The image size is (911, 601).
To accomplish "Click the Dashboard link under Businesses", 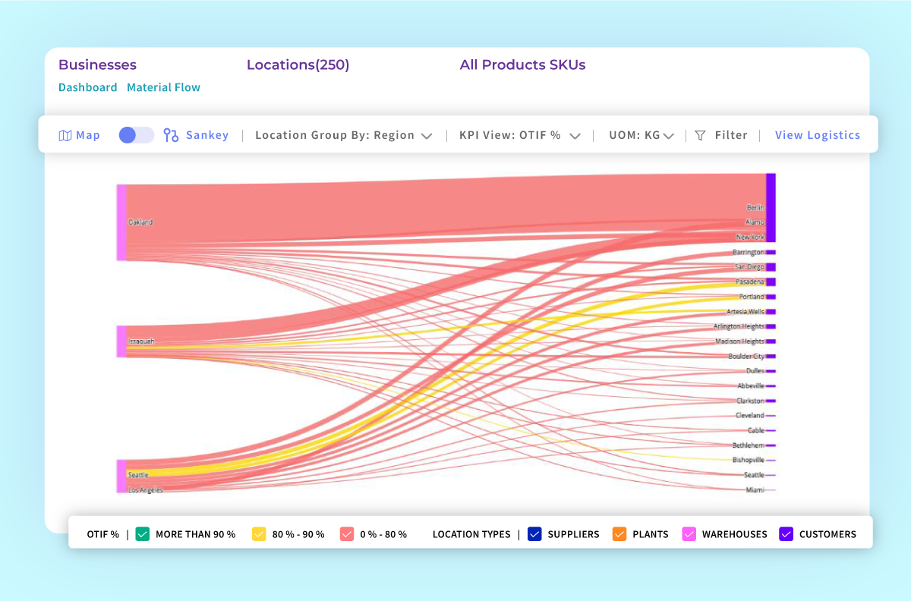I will point(87,87).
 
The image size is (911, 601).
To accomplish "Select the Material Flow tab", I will point(163,87).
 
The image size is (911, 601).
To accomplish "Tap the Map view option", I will point(80,135).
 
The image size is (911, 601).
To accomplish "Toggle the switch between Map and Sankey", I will point(137,135).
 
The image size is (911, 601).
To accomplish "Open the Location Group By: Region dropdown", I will point(343,135).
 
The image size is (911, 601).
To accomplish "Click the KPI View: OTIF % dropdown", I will point(519,135).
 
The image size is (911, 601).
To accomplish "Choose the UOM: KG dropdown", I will point(641,135).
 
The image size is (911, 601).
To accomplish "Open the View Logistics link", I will point(817,135).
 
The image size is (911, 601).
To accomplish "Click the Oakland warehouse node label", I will point(140,222).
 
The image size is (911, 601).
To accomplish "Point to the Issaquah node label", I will point(141,341).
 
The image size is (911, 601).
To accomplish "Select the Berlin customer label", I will point(755,207).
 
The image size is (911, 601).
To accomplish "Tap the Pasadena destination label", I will point(750,282).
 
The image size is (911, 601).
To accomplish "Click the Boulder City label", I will point(746,356).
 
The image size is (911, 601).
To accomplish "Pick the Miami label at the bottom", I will point(755,490).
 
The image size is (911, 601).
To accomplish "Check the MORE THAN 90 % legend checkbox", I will point(142,534).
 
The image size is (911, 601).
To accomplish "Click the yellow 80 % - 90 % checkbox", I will point(259,534).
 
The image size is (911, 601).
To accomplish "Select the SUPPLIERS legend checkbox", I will point(534,534).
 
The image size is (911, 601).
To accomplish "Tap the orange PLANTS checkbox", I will point(619,534).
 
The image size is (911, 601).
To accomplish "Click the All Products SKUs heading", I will point(522,65).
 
